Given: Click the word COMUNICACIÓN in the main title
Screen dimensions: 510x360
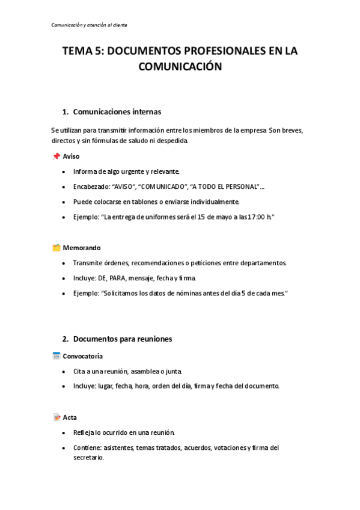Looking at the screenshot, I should coord(180,67).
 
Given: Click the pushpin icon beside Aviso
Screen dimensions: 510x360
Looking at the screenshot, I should coord(56,156).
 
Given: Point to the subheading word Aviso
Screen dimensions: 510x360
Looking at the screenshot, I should coord(71,156).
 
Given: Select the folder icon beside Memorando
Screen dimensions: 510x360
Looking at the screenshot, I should coord(56,248).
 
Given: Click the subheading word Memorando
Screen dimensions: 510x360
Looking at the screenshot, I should coord(82,248).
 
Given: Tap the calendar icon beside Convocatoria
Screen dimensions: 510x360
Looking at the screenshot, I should coord(56,356).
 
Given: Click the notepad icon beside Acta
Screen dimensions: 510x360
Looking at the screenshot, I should coord(56,417).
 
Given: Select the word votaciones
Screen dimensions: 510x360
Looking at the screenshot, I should coord(226,447).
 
